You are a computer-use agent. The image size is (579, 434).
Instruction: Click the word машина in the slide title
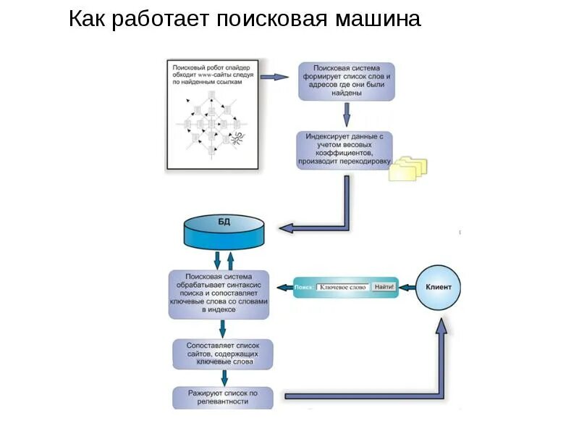click(x=376, y=20)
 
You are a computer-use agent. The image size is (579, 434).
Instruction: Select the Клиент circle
click(x=438, y=288)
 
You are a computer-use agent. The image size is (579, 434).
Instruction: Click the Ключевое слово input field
click(x=343, y=288)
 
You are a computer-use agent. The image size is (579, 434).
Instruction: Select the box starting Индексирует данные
click(x=345, y=149)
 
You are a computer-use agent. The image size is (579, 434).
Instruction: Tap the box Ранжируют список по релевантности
click(x=223, y=396)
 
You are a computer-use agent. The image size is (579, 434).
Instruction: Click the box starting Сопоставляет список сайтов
click(x=223, y=354)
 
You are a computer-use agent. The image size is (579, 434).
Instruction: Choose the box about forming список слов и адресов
click(x=347, y=81)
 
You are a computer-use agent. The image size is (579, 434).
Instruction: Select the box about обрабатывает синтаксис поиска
click(x=219, y=293)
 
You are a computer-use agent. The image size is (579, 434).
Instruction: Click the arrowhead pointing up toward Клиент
click(x=441, y=327)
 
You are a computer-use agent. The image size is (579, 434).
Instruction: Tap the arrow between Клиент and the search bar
click(x=407, y=288)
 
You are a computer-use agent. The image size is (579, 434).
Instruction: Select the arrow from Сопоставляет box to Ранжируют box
click(x=224, y=377)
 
